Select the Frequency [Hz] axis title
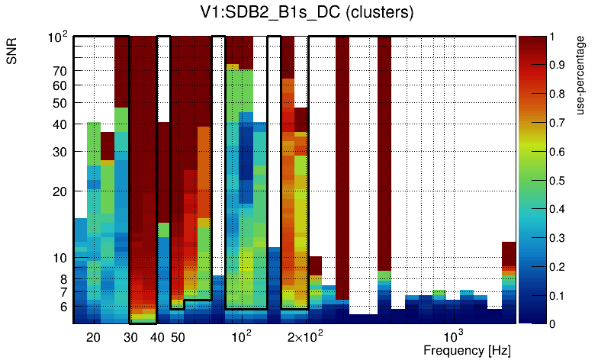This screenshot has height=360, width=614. [x=467, y=350]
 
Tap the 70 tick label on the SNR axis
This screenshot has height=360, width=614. [x=60, y=71]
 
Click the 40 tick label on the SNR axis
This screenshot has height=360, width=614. [x=60, y=124]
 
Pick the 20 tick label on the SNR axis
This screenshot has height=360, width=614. [x=60, y=191]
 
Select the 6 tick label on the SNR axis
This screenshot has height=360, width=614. [x=64, y=307]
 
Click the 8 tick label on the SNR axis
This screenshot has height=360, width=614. [x=64, y=279]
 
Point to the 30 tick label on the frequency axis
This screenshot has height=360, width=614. [x=130, y=337]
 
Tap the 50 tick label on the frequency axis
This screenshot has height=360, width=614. [x=177, y=337]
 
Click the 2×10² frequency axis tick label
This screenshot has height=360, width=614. [x=305, y=336]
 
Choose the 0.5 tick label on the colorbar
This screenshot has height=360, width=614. [x=560, y=180]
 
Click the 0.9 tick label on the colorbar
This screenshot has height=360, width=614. [x=560, y=65]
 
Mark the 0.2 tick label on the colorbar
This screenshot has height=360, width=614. [x=560, y=267]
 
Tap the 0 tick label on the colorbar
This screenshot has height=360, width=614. [x=555, y=324]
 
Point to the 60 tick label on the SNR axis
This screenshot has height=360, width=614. [x=60, y=85]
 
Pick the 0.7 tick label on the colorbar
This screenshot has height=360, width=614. [x=560, y=122]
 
